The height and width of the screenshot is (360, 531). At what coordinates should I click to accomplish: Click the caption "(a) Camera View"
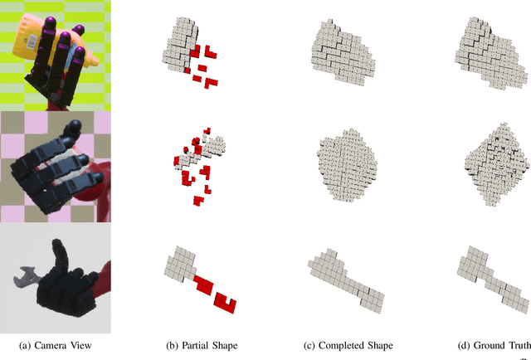55,345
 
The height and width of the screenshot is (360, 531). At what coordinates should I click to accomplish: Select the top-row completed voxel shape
342,51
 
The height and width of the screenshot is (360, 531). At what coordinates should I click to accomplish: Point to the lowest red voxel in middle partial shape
198,200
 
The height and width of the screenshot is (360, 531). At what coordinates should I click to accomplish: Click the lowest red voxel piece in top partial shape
212,83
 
